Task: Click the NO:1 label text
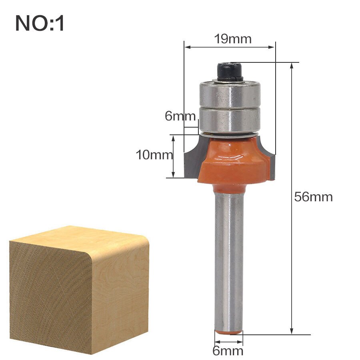(40, 23)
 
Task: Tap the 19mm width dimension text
(232, 39)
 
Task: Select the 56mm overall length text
(313, 197)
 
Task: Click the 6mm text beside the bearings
(180, 116)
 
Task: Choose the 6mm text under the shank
(228, 351)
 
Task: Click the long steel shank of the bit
(228, 260)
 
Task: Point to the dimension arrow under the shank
(228, 342)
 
